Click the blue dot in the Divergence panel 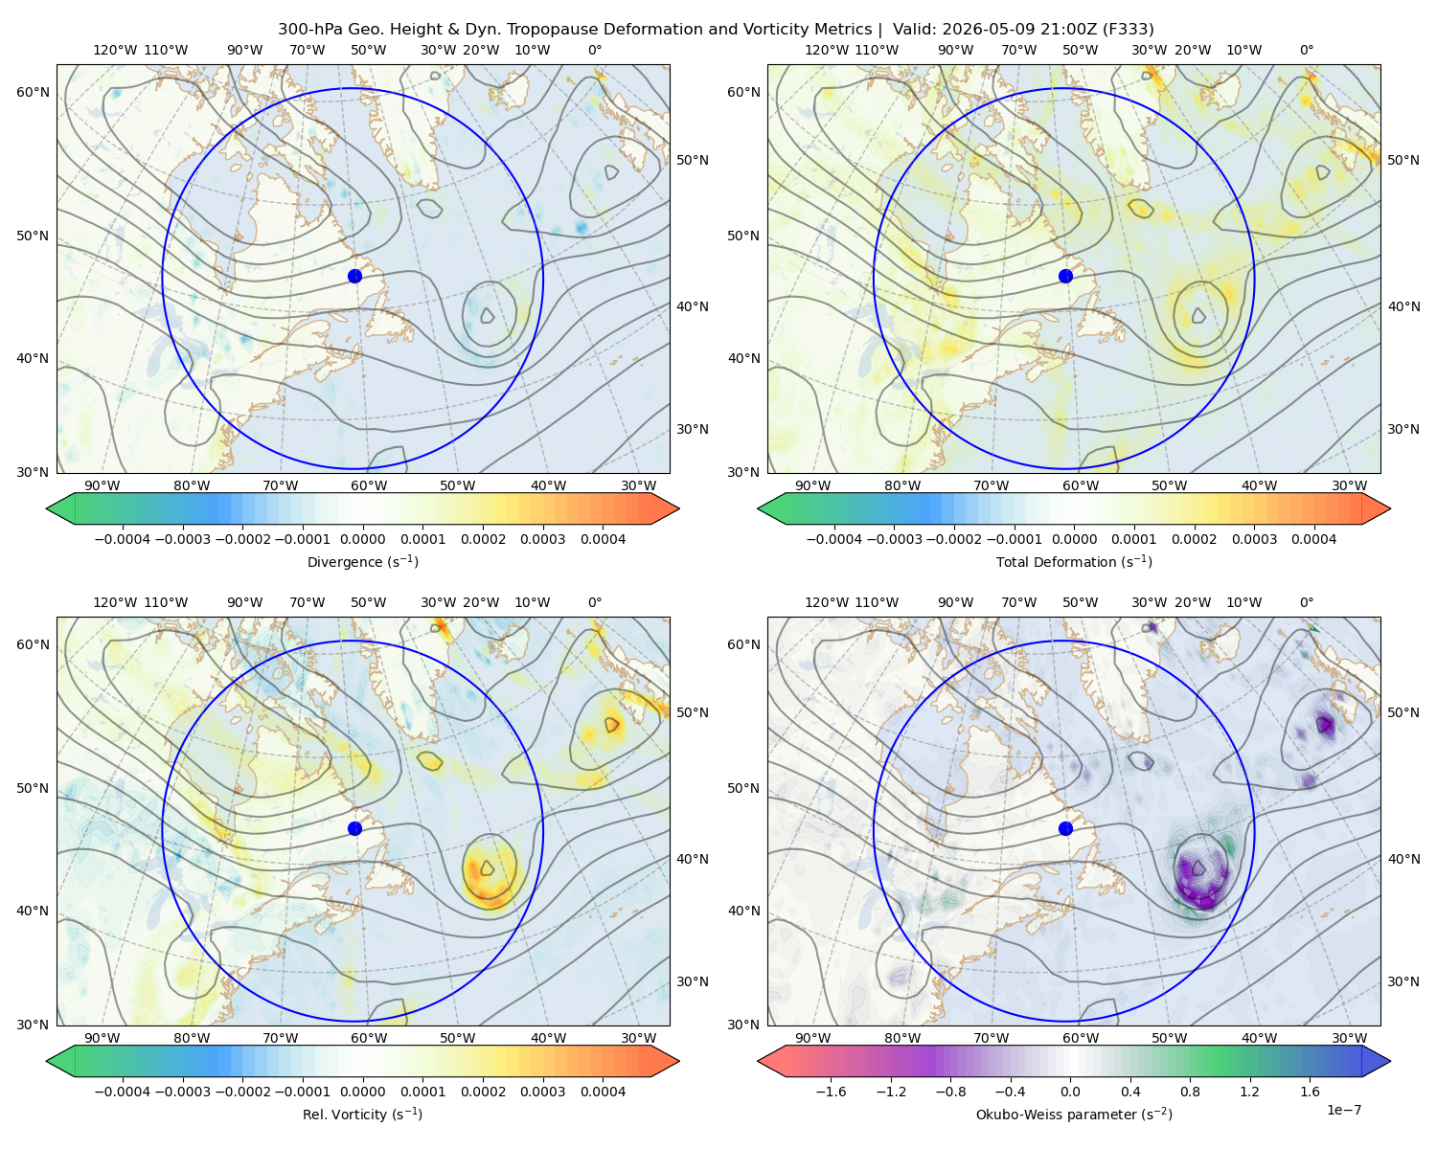coord(354,276)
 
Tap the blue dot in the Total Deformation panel coord(1065,276)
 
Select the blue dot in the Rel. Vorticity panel coord(354,828)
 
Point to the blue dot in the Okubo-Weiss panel coord(1065,828)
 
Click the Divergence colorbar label coord(362,561)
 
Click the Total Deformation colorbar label coord(1074,561)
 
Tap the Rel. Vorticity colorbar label coord(362,1114)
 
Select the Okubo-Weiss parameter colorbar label coord(1074,1114)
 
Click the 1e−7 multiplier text coord(1343,1110)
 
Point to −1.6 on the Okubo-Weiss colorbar coord(831,1091)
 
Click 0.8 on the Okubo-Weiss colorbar coord(1190,1091)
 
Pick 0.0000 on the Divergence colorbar coord(362,539)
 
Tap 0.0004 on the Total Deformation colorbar coord(1313,539)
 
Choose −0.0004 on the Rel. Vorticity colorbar coord(123,1091)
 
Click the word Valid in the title coord(910,30)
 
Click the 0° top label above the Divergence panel coord(595,50)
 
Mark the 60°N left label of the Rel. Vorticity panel coord(33,644)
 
